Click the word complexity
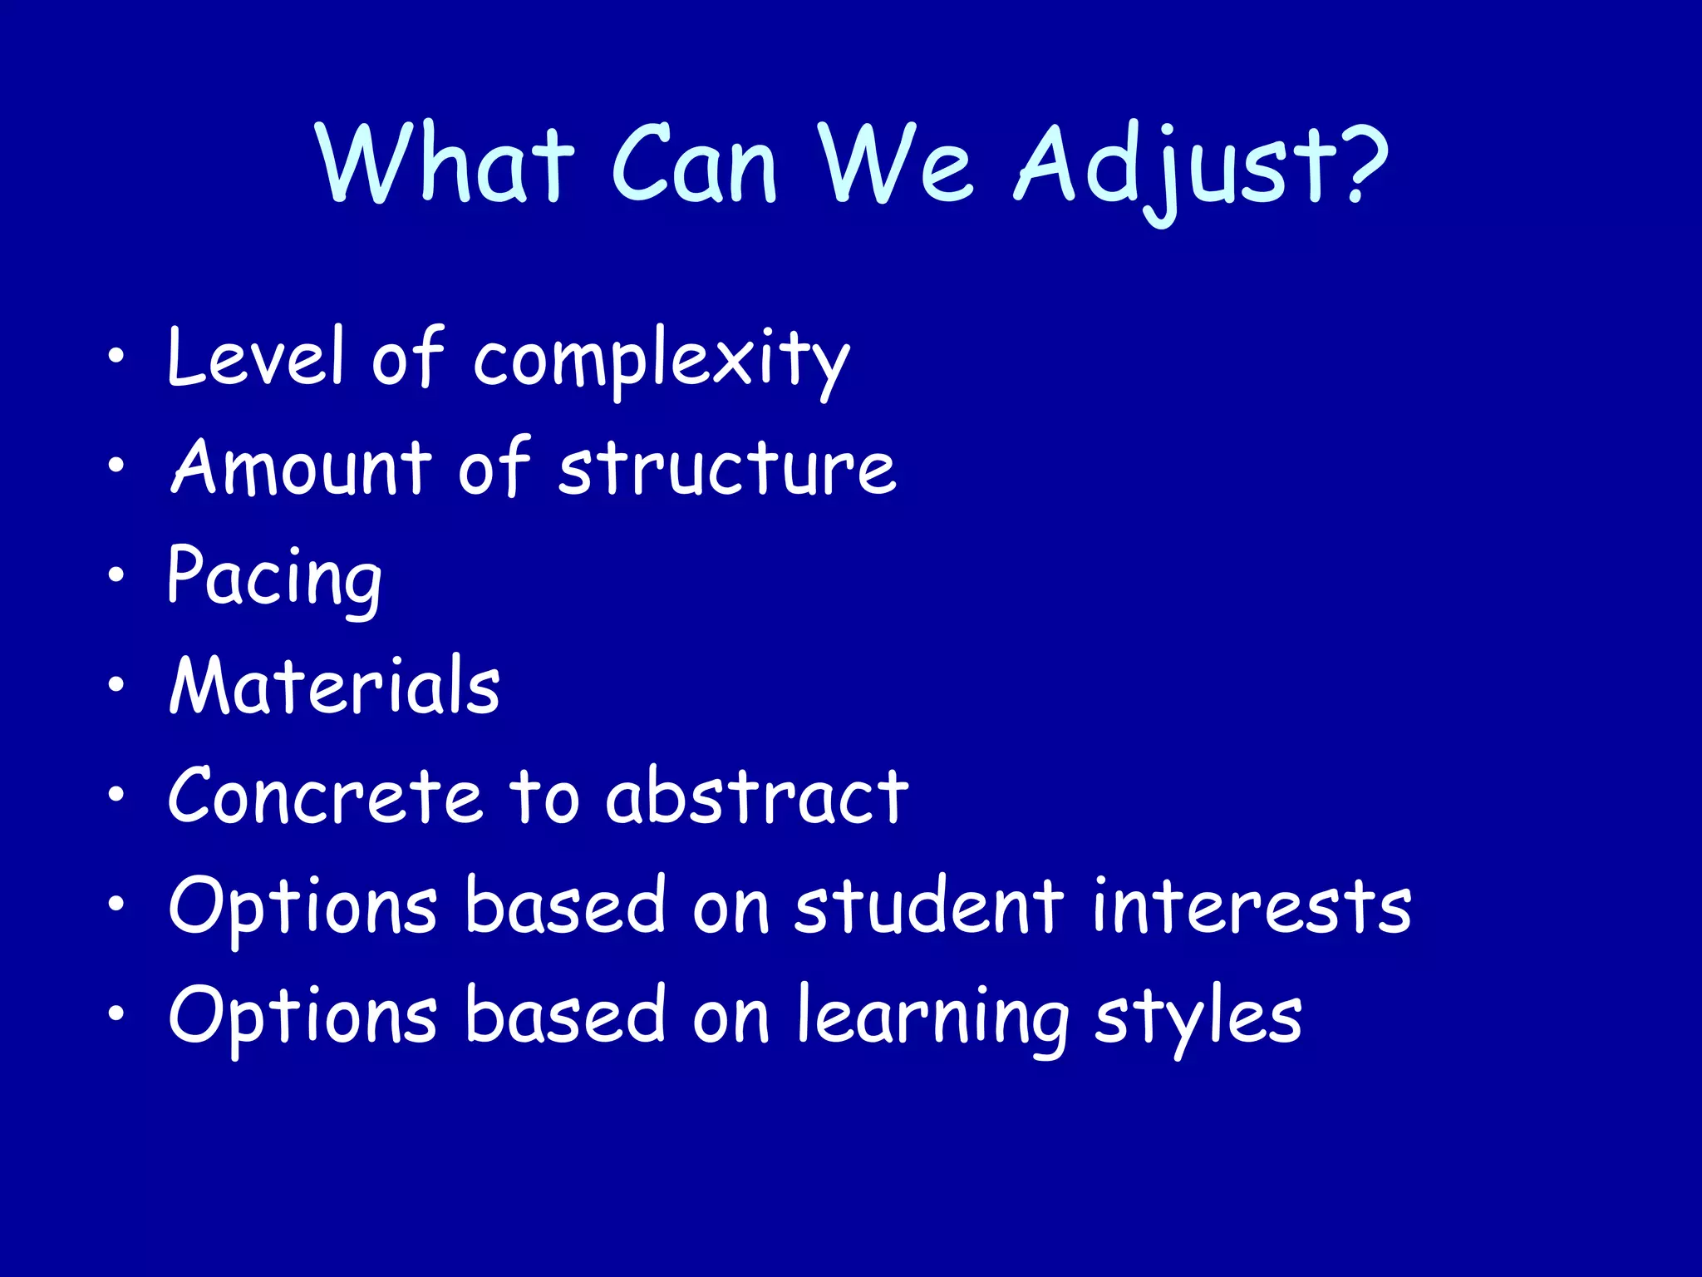[x=662, y=362]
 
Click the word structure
[x=727, y=468]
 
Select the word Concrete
[x=325, y=797]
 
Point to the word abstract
[x=756, y=797]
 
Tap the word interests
[x=1251, y=906]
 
